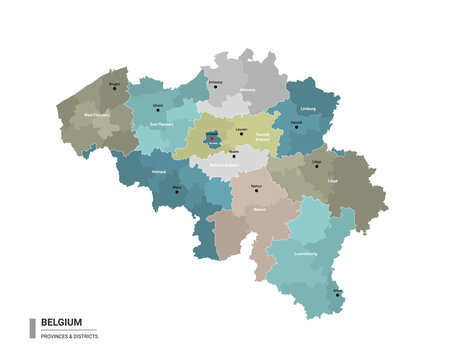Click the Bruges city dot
point(114,88)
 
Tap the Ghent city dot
point(157,110)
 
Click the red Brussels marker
point(212,139)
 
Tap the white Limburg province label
point(308,108)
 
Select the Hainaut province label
point(159,172)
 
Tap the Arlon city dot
point(337,294)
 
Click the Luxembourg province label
point(305,253)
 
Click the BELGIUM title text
point(61,322)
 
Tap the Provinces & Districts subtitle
point(69,335)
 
